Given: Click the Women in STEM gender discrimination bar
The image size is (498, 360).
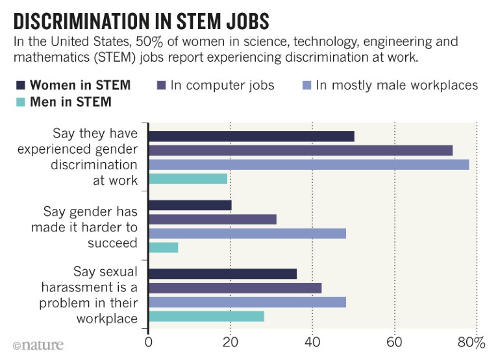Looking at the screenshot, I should [251, 136].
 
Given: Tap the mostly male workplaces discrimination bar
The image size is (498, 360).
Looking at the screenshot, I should [308, 165].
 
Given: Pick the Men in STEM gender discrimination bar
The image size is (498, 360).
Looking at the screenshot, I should [188, 179].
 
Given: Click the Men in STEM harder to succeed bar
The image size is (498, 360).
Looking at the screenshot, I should [163, 247].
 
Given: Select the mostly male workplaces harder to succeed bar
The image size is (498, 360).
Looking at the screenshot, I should [247, 234].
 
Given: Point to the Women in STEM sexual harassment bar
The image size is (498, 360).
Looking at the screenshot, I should [222, 274].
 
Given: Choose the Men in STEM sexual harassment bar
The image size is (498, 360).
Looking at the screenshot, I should [206, 317].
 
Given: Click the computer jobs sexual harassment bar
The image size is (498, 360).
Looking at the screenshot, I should [234, 288].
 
